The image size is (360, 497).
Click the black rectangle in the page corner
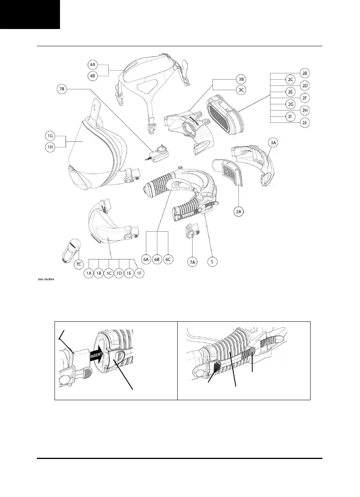pyautogui.click(x=30, y=14)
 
